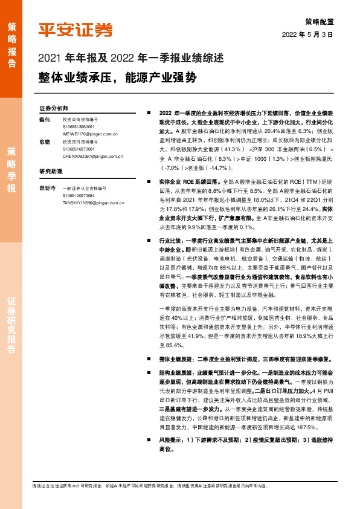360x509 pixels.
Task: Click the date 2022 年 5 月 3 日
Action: (x=308, y=34)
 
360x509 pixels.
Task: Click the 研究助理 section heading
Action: (x=51, y=171)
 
